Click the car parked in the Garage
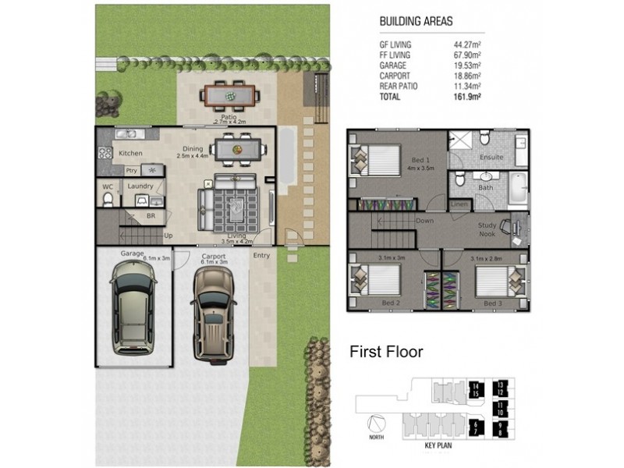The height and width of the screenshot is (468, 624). point(134,308)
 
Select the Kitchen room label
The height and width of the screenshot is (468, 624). point(130,154)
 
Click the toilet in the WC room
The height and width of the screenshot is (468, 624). point(109,198)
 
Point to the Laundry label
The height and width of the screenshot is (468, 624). point(140,186)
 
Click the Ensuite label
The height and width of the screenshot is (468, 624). point(491,157)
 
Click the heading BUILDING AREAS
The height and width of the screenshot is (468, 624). point(415,22)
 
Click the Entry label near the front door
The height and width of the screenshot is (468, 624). point(261,256)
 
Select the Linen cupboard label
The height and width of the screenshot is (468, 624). point(460,204)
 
